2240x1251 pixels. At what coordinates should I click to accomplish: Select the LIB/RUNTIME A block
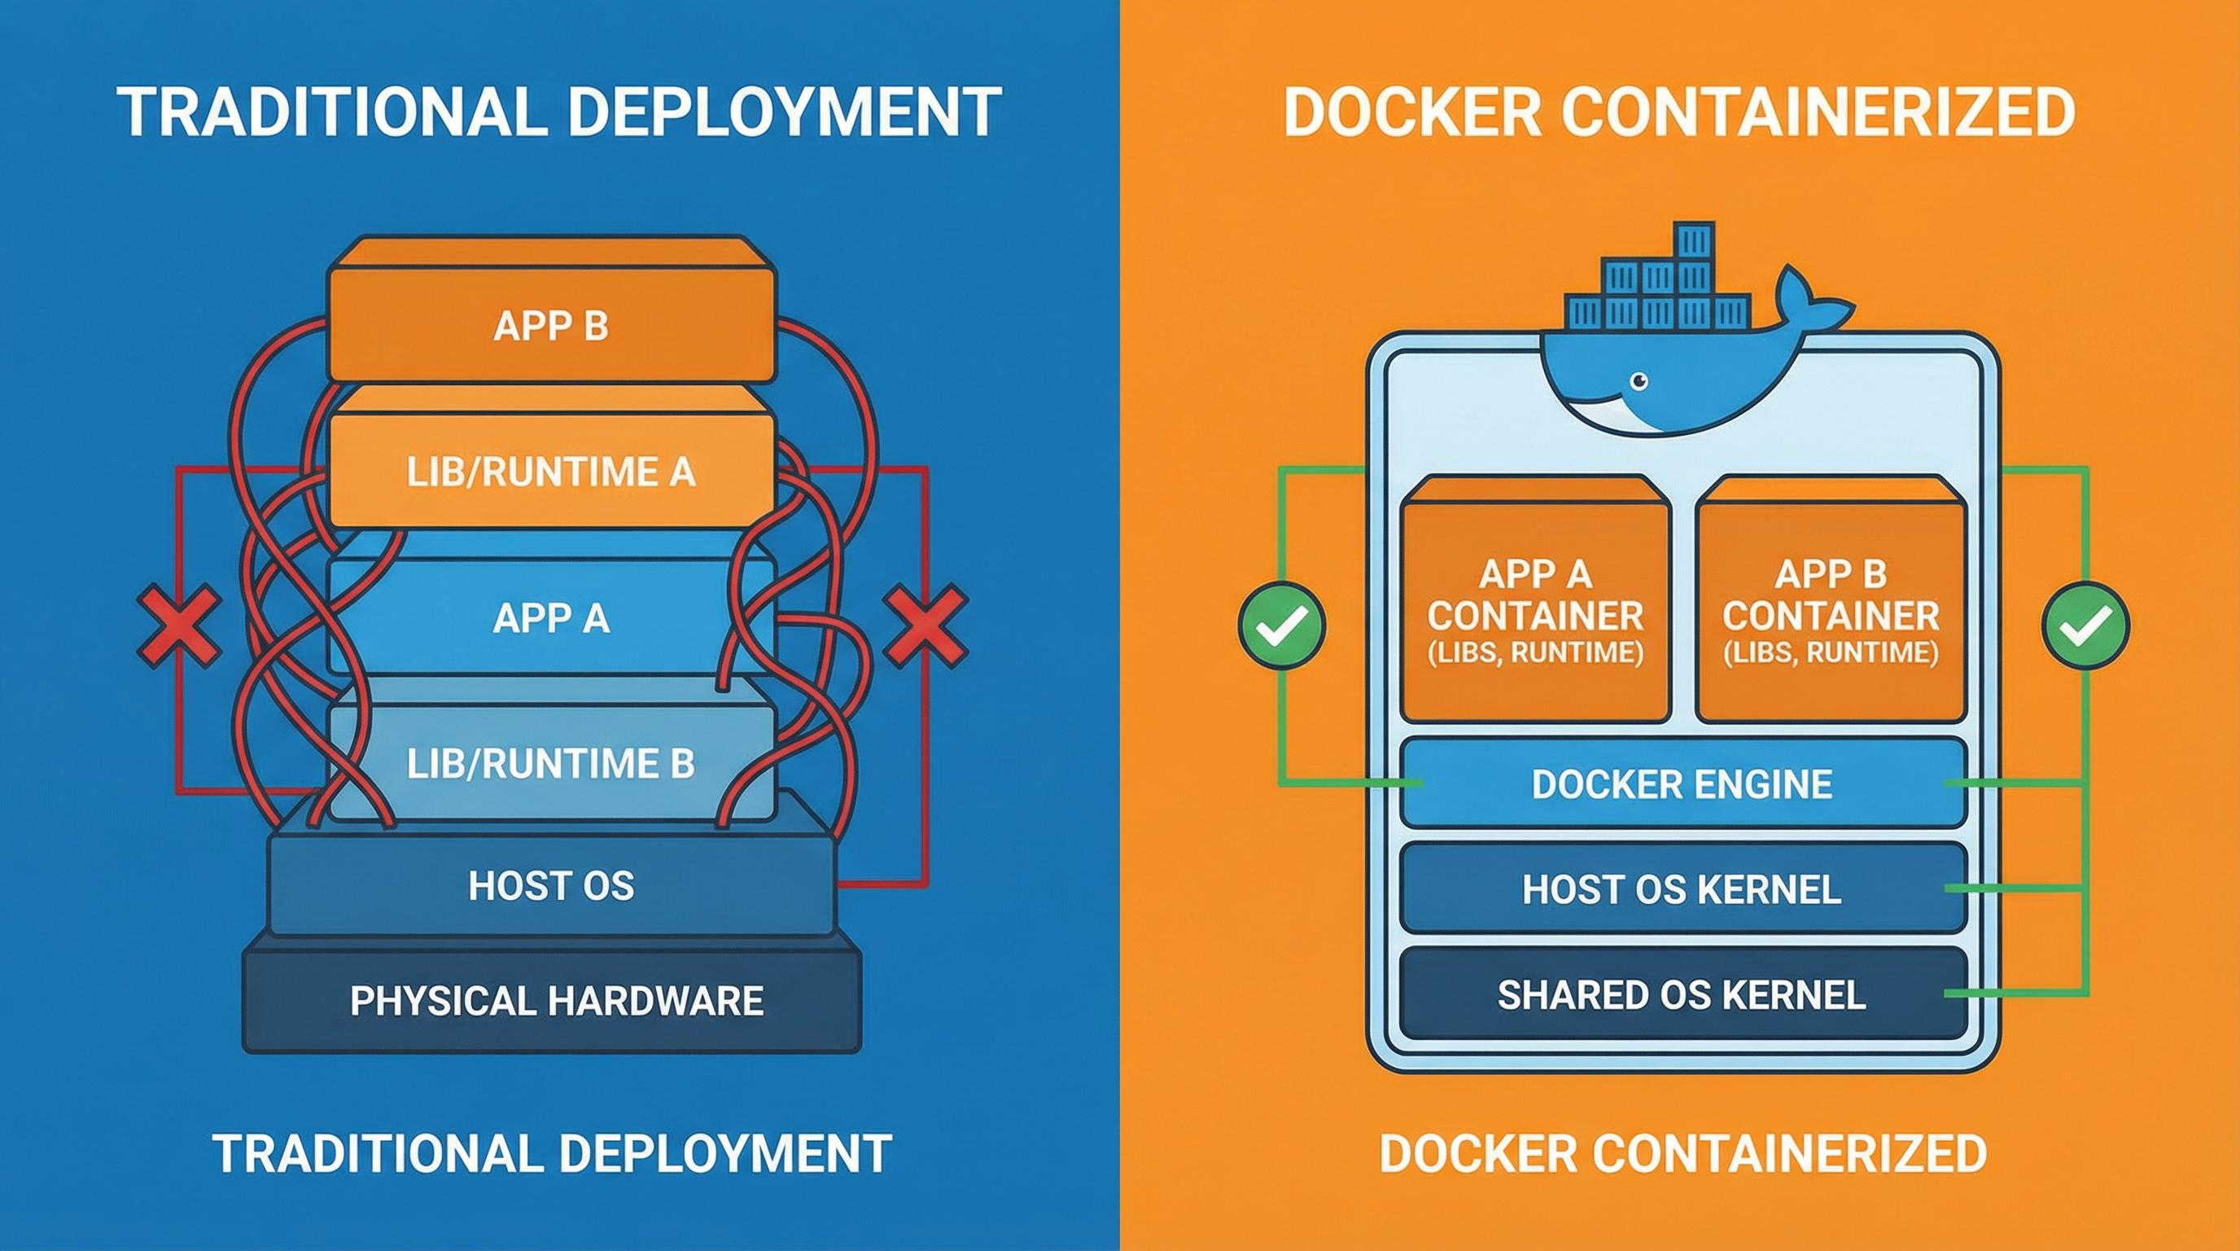(x=550, y=472)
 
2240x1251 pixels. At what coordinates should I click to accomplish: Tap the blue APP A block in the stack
(x=550, y=617)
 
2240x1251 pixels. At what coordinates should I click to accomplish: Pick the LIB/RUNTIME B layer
(x=550, y=763)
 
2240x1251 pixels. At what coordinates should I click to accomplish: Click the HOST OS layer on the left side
(x=550, y=885)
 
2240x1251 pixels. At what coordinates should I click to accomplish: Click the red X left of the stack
(x=179, y=625)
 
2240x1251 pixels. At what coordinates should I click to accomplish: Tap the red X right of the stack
(x=925, y=625)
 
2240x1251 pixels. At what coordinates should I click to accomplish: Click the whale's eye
(x=1639, y=381)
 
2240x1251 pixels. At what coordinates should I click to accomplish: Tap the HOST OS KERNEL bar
(x=1682, y=889)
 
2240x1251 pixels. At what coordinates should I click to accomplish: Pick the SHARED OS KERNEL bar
(x=1682, y=994)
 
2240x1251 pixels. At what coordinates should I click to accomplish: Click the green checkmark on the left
(x=1282, y=625)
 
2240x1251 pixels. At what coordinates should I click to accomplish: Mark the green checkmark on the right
(x=2085, y=625)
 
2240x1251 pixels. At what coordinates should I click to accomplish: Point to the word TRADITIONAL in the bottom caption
(x=377, y=1153)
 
